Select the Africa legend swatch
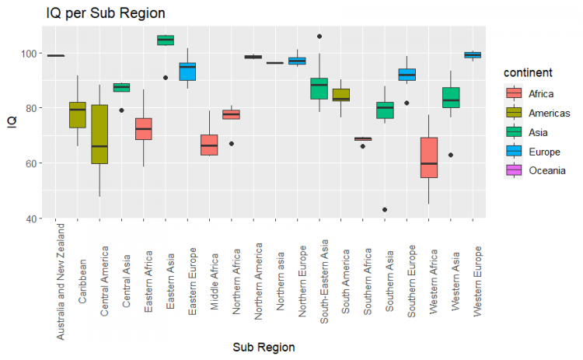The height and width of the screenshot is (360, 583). pyautogui.click(x=514, y=93)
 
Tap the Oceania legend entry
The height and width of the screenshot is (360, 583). pyautogui.click(x=514, y=170)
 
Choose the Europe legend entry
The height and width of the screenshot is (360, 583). pyautogui.click(x=514, y=151)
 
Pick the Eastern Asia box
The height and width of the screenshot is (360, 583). pyautogui.click(x=166, y=40)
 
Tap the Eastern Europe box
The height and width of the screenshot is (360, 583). pyautogui.click(x=187, y=72)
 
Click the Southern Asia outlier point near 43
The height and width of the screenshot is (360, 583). pyautogui.click(x=385, y=210)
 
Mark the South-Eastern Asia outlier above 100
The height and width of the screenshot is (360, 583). pyautogui.click(x=319, y=36)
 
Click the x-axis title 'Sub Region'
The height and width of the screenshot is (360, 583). pyautogui.click(x=264, y=347)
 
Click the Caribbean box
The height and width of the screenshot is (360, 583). pyautogui.click(x=78, y=114)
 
